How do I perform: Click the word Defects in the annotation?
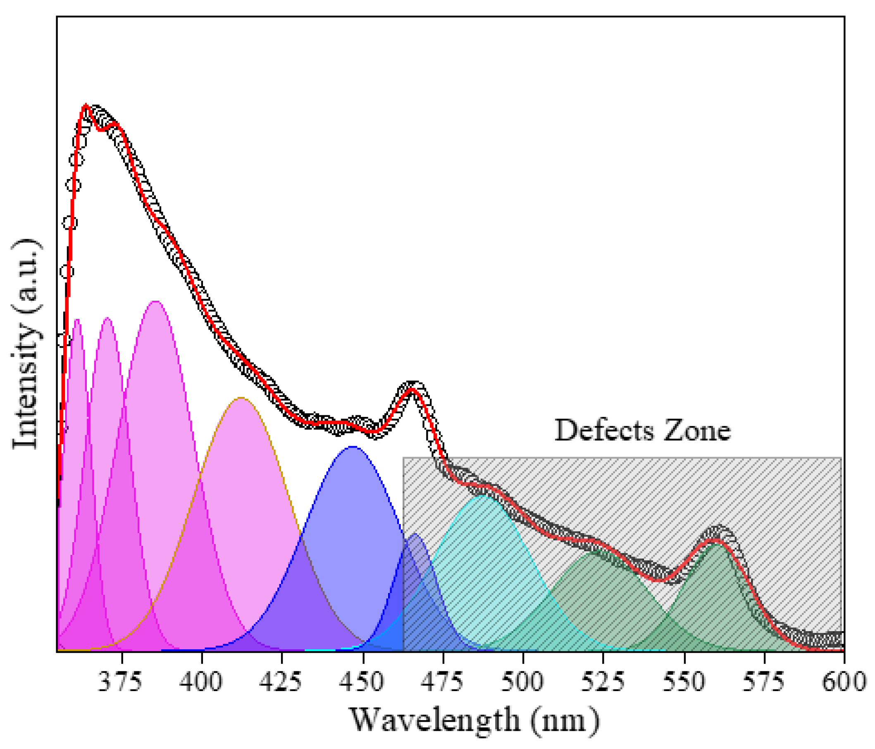[x=604, y=431]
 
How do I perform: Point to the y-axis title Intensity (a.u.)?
[x=26, y=344]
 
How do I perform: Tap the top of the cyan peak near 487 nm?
[x=482, y=495]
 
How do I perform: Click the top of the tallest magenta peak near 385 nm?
[x=156, y=301]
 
